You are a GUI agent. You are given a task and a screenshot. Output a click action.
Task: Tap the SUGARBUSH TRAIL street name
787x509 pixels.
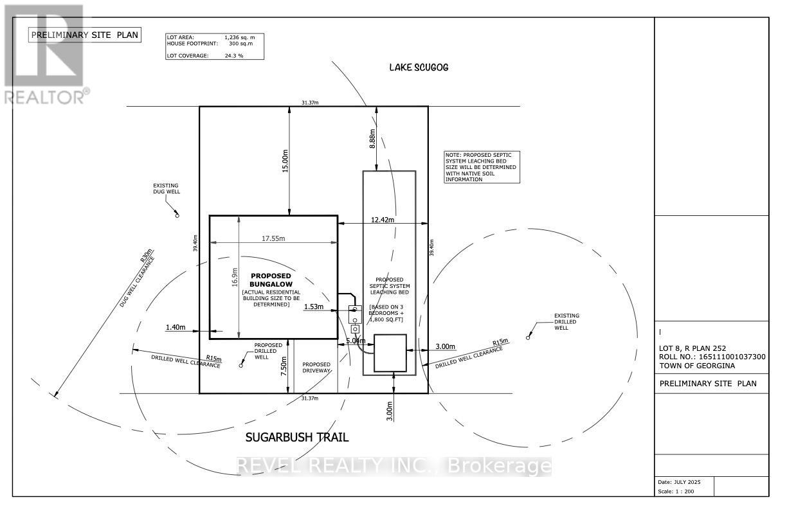coord(297,438)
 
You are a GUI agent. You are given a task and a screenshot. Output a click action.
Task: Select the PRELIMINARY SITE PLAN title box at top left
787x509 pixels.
coord(84,35)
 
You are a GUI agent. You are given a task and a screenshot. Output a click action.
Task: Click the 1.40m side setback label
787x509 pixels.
coord(175,328)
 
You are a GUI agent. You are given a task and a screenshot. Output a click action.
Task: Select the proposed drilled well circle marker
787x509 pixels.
coord(241,366)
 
